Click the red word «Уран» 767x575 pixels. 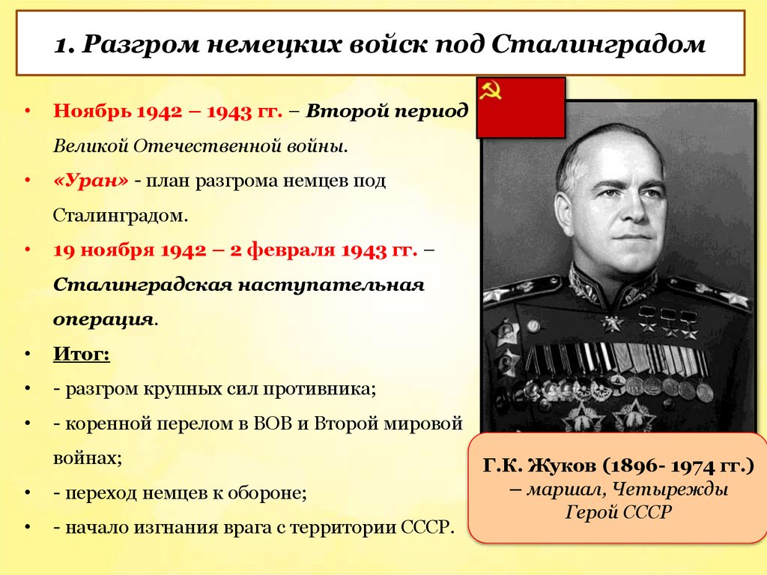click(x=91, y=181)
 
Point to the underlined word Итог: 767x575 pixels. click(x=82, y=353)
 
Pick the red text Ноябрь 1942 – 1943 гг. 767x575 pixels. click(x=167, y=112)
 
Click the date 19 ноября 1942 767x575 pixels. click(x=129, y=250)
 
